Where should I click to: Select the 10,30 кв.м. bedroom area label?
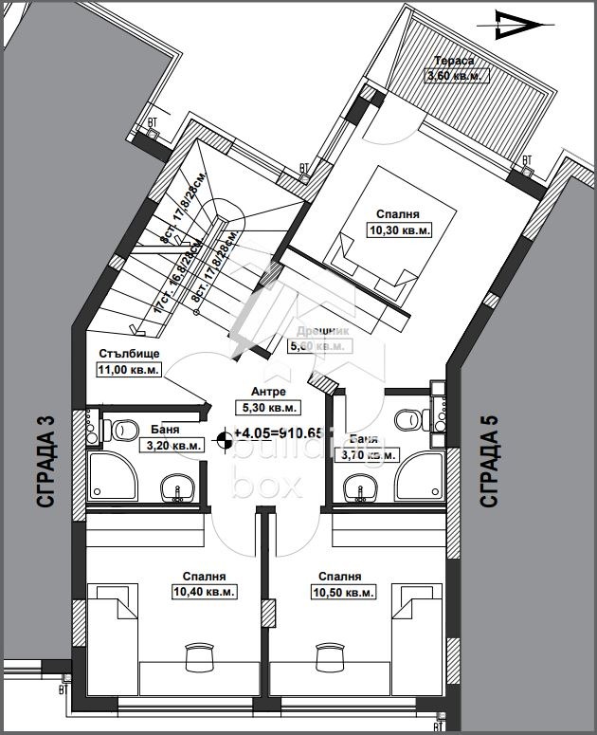pyautogui.click(x=399, y=230)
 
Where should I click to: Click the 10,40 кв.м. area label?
pyautogui.click(x=204, y=591)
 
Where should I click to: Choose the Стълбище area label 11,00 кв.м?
pyautogui.click(x=129, y=370)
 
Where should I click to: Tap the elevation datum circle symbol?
pyautogui.click(x=225, y=437)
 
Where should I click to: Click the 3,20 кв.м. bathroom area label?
pyautogui.click(x=172, y=444)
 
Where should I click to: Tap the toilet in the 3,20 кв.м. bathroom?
pyautogui.click(x=122, y=431)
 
